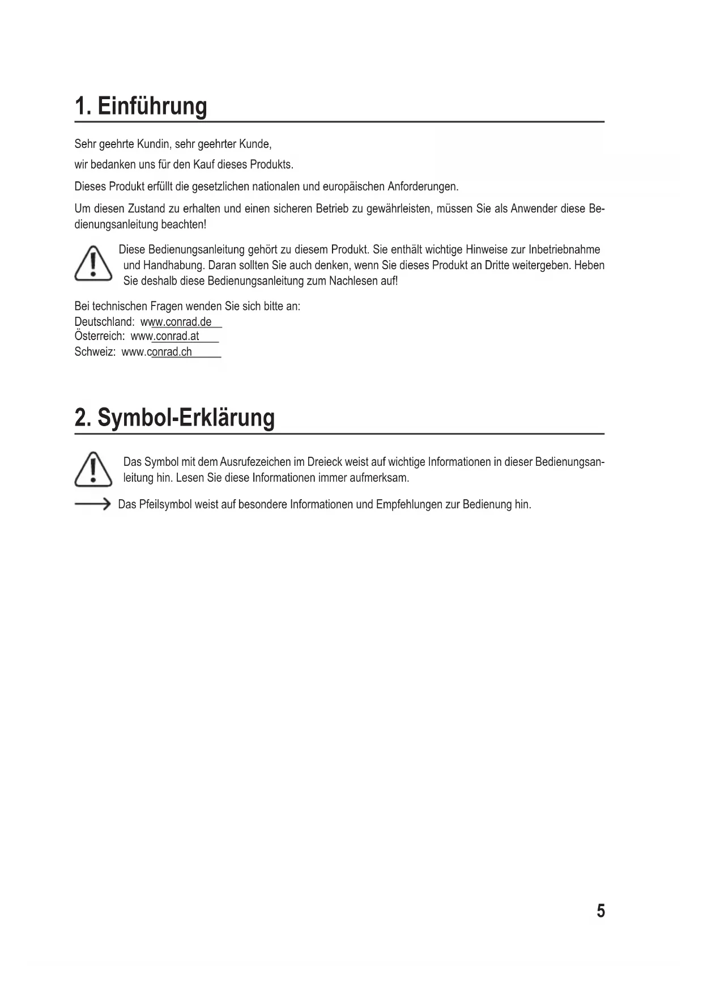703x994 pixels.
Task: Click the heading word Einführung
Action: [152, 106]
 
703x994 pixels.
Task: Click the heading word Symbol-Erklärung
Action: [186, 418]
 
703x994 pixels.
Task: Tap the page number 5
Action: [600, 911]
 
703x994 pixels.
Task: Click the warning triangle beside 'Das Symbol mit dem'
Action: [93, 470]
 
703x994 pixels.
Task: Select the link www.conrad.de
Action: [176, 322]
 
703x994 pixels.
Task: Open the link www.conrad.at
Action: [165, 336]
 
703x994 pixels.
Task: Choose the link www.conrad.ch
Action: [157, 352]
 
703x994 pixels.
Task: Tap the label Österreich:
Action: [100, 336]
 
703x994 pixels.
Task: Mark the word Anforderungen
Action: [423, 186]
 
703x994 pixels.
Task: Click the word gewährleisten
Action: [399, 209]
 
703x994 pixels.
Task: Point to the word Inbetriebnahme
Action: [564, 250]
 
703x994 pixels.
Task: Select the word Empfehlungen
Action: [409, 504]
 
